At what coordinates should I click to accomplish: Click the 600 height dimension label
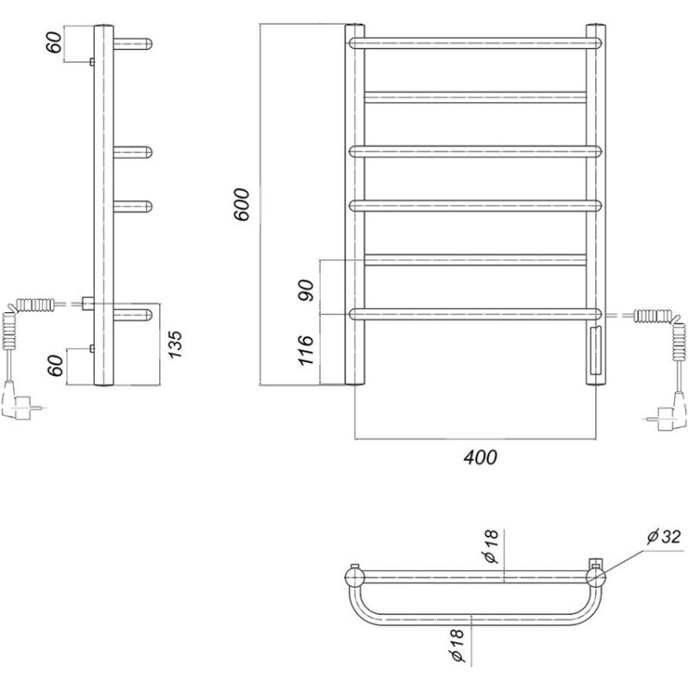coord(242,205)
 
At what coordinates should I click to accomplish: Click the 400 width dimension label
coord(481,458)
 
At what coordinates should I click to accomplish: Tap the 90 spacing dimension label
coord(307,290)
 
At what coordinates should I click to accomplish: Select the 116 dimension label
coord(306,350)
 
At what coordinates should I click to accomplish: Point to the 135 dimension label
coord(175,344)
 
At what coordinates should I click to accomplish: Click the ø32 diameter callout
coord(664,536)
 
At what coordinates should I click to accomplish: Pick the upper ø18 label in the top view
coord(491,546)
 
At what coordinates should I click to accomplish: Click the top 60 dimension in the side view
coord(55,42)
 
